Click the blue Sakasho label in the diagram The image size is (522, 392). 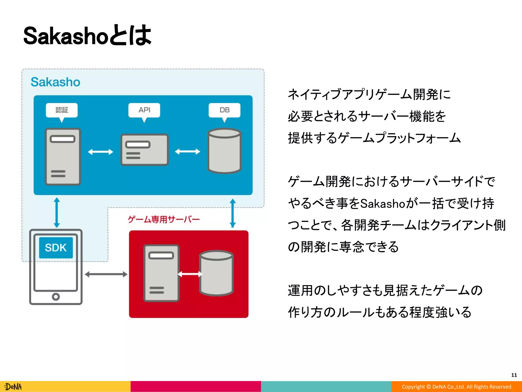(55, 82)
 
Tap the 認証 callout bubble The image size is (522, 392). (62, 110)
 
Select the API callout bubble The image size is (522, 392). (144, 110)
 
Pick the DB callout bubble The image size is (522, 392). (224, 110)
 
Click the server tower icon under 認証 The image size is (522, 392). (63, 156)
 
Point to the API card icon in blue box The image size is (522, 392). (145, 150)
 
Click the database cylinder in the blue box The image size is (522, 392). (224, 151)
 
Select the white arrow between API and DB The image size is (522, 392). (188, 152)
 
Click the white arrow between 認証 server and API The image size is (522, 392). (100, 152)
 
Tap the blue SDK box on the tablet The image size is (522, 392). (56, 248)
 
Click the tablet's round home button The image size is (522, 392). (56, 297)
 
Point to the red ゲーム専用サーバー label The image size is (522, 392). (164, 219)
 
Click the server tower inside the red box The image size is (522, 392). (161, 273)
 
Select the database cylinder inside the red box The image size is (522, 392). (216, 273)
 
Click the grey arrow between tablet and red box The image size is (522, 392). (106, 274)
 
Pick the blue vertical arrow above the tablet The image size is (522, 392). (57, 212)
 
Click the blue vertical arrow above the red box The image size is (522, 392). (232, 213)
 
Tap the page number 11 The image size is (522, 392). (514, 375)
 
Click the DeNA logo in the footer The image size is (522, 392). (14, 387)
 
